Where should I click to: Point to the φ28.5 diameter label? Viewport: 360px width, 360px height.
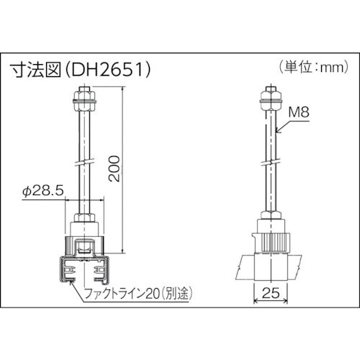tap(45, 192)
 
